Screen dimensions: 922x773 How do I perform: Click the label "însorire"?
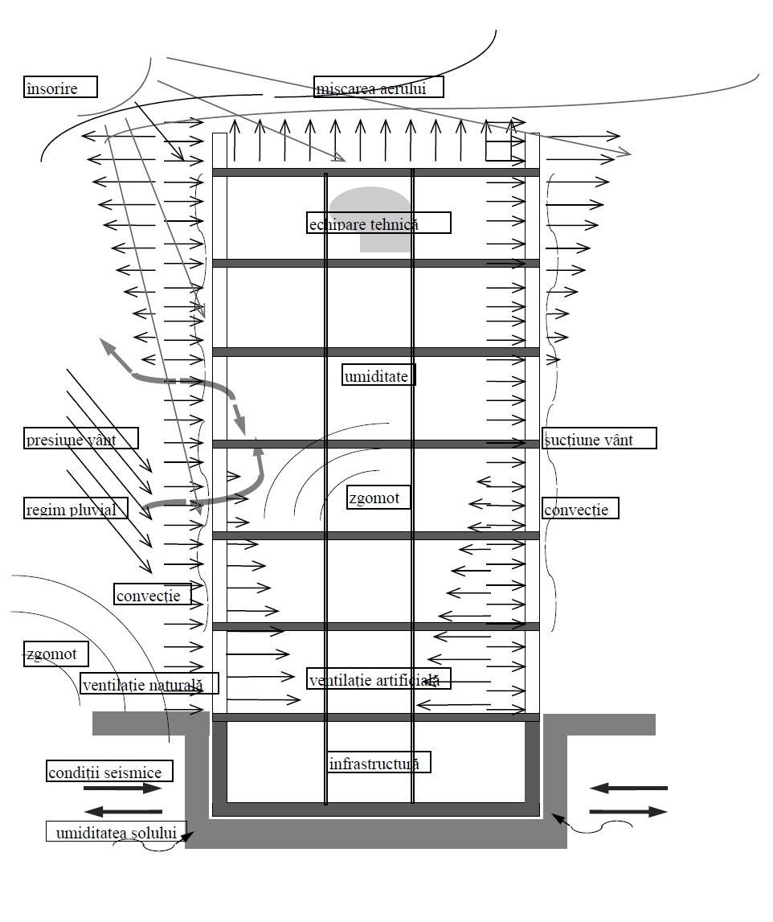[60, 87]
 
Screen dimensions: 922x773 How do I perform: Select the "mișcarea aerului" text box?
[379, 87]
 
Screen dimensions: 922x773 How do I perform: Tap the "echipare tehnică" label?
[378, 223]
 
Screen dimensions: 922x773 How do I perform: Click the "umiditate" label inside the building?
[379, 375]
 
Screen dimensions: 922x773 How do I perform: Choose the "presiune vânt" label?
[80, 438]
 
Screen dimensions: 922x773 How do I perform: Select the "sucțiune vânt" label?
[599, 438]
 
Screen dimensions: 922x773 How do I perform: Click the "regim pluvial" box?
[76, 508]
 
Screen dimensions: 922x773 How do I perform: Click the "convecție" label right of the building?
[580, 508]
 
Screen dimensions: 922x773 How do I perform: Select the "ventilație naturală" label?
[149, 683]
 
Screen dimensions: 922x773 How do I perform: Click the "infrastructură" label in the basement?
[378, 762]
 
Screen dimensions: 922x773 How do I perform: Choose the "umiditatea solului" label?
[116, 831]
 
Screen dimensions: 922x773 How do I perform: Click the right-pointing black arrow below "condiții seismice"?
[122, 789]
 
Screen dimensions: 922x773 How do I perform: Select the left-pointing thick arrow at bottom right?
[628, 789]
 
